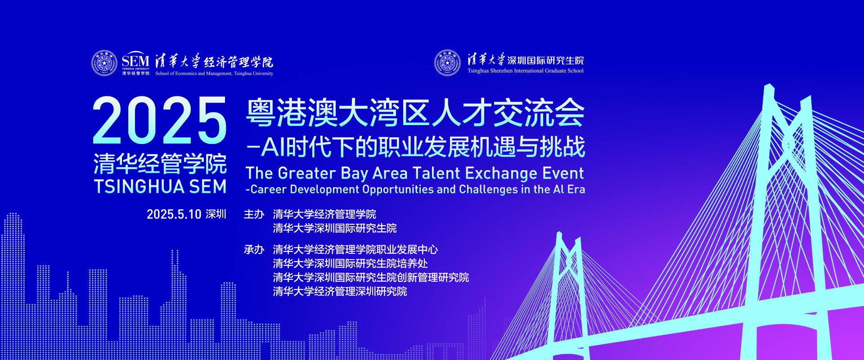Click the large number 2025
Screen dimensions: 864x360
[x=160, y=120]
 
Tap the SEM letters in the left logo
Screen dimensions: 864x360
[x=135, y=60]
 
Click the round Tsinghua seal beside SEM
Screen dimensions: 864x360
[x=104, y=63]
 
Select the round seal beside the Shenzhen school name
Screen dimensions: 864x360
[x=447, y=63]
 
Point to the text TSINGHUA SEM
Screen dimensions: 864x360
[x=160, y=187]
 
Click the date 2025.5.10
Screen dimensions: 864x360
[x=174, y=214]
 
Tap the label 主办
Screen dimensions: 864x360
[x=254, y=214]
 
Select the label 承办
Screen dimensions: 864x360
[x=254, y=249]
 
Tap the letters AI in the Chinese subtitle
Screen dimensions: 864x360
[x=273, y=147]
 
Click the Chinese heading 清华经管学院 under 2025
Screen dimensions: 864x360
[x=160, y=163]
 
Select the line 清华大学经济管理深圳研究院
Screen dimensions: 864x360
[x=340, y=292]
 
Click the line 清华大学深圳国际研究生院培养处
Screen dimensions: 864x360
[x=350, y=263]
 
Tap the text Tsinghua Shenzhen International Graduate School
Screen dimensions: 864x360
[x=526, y=71]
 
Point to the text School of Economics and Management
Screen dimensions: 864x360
[x=194, y=73]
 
